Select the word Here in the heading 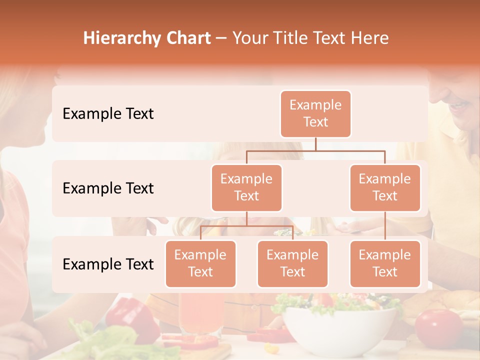click(370, 38)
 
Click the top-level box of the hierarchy click(315, 113)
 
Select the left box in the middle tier click(246, 187)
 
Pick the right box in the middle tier click(385, 187)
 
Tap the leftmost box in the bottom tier click(200, 263)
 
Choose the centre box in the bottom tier click(292, 263)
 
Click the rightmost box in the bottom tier click(385, 263)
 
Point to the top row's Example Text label click(108, 113)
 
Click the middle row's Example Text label click(108, 188)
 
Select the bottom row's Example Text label click(108, 264)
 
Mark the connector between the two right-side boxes click(385, 226)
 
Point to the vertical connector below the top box click(315, 144)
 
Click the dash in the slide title click(221, 38)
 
